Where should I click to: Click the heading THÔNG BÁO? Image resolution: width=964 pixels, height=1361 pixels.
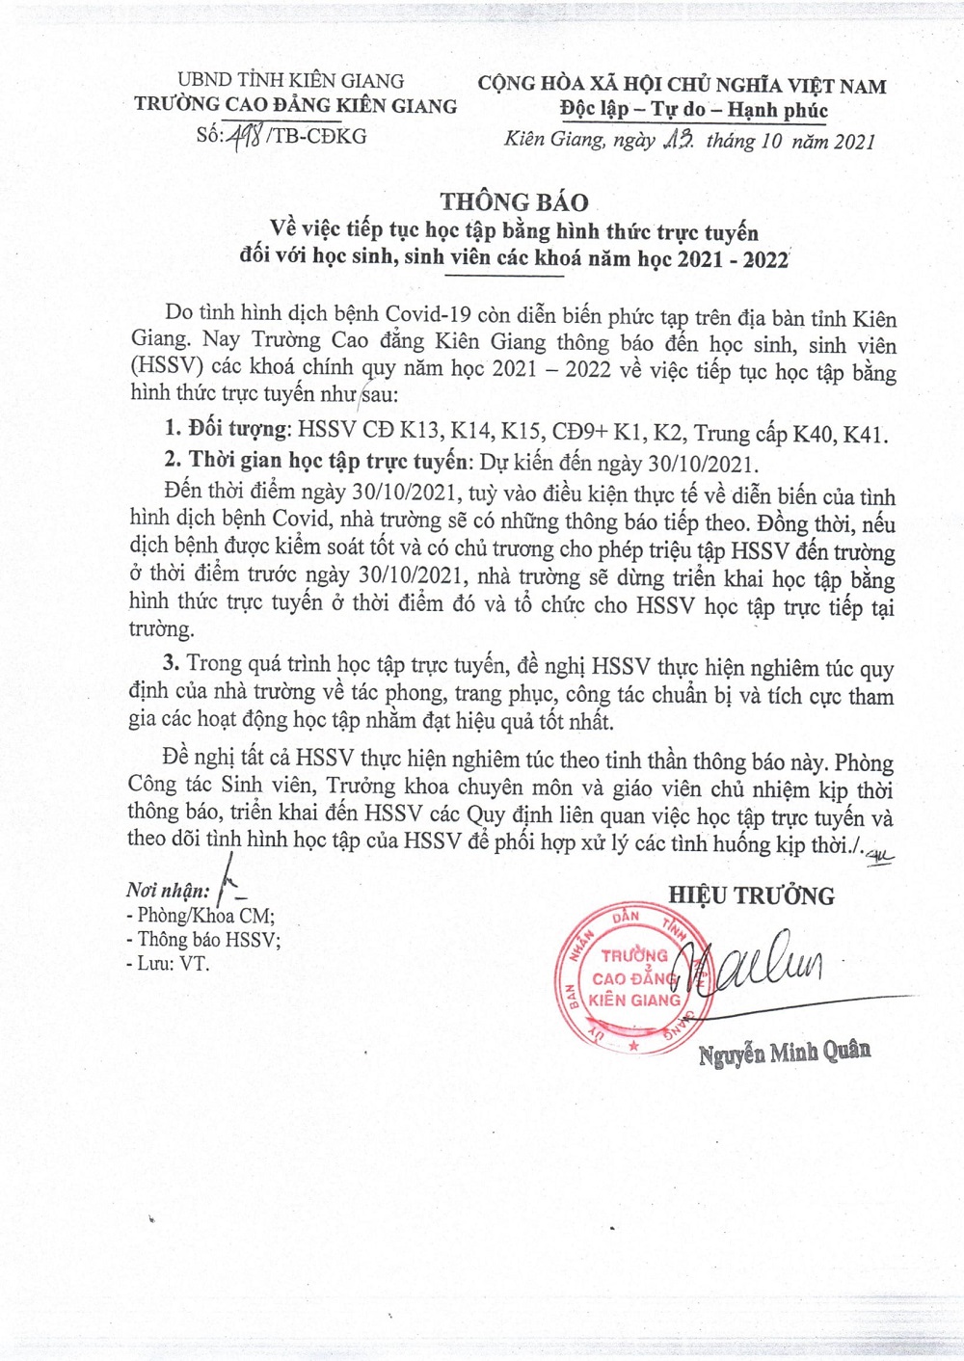[514, 201]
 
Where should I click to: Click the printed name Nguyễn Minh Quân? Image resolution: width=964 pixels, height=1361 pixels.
[784, 1052]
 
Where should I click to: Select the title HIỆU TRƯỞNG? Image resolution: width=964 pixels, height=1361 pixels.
[751, 895]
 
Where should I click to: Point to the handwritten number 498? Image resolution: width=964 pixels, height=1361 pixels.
[245, 137]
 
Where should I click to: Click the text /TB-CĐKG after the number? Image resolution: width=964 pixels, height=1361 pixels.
[317, 136]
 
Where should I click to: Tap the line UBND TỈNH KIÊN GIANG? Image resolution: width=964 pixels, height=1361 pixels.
[290, 81]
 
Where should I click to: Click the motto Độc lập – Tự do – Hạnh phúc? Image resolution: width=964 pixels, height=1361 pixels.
[693, 110]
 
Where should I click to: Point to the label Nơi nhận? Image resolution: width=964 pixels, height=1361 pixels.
[167, 891]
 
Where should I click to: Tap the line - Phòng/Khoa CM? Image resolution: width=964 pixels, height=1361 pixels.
[201, 916]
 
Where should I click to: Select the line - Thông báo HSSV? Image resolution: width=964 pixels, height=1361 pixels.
[203, 940]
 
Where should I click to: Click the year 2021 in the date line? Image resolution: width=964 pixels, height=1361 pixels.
[854, 142]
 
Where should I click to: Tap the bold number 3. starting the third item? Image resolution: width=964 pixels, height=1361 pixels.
[172, 663]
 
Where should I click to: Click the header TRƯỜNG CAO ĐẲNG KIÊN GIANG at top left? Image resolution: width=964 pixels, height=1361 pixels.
[295, 106]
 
